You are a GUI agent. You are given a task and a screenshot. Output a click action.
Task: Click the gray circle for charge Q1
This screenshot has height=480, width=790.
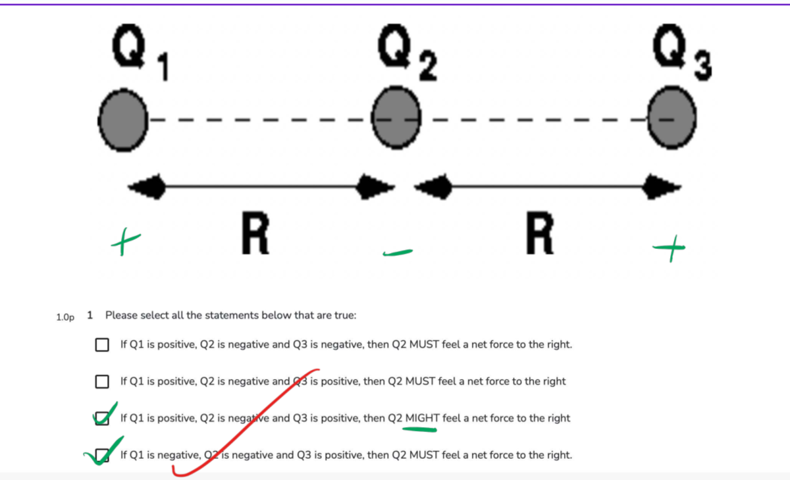123,120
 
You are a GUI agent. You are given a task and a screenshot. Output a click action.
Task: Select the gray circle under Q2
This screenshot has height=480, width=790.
396,118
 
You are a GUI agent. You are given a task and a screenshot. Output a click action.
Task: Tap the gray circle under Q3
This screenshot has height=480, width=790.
672,118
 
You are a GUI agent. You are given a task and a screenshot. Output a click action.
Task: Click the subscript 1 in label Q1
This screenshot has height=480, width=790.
164,67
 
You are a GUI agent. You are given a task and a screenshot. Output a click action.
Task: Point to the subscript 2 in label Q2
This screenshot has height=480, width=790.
428,66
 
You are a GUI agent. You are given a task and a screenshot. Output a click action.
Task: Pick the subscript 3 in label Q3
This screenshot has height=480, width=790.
703,66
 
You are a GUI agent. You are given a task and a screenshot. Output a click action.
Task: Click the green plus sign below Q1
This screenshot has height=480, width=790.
126,242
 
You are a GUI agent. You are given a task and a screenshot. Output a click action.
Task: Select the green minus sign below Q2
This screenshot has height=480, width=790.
398,253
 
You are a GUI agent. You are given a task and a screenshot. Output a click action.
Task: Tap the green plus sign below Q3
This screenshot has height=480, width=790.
669,248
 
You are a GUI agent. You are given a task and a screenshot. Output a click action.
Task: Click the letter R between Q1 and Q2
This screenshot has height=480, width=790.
255,233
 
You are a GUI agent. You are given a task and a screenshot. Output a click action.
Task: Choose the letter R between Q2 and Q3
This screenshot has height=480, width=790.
540,233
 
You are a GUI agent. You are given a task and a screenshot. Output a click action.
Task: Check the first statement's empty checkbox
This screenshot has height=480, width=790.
102,344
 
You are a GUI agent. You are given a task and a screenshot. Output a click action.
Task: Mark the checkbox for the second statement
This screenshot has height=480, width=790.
102,381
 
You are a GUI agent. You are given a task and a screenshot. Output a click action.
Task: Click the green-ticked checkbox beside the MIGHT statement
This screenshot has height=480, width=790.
102,418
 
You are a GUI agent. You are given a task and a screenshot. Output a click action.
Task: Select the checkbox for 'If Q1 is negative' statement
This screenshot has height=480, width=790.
102,455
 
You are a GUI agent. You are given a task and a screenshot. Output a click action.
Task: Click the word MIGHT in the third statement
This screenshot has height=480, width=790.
423,418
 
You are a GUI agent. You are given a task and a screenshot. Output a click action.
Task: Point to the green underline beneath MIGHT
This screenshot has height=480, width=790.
420,429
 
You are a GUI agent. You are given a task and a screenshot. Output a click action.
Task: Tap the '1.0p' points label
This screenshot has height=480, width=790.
65,317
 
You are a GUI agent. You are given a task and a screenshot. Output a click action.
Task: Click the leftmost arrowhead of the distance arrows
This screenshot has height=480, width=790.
146,186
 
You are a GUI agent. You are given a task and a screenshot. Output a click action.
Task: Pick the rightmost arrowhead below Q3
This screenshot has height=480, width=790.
662,186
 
